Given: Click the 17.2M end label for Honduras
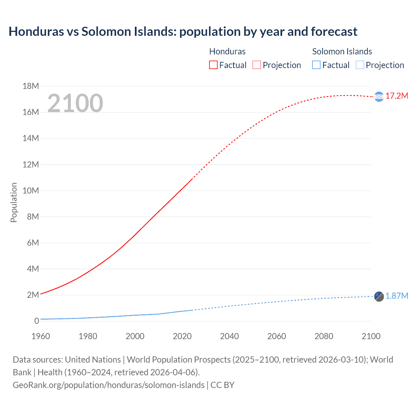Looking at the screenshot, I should coord(396,96).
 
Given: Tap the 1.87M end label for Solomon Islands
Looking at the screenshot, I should coord(396,296).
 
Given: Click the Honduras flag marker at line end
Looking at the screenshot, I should coord(379,97).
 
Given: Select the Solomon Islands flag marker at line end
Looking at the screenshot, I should coord(379,296).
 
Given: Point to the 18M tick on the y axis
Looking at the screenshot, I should coord(31,86).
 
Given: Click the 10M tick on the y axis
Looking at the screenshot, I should coord(31,191).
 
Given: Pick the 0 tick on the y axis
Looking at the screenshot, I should coord(36,321).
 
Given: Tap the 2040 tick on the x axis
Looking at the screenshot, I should coord(229,336).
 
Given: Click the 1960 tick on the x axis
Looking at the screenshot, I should coord(41,336).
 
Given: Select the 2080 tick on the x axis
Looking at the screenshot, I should coord(324,336).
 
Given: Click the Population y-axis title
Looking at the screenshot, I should coord(14,202).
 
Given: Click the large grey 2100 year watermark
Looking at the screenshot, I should coord(75,103).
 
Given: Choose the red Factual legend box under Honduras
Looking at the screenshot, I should coord(213,65).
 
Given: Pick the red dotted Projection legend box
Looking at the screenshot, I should coord(257,65).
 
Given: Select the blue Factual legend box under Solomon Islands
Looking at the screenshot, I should coord(316,65).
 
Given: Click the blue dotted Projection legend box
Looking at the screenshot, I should coord(360,65).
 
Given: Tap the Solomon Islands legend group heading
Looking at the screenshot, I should coord(342,51).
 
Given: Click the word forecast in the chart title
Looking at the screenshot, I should coord(334,32).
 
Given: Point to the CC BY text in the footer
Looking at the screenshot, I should coord(223,385).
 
